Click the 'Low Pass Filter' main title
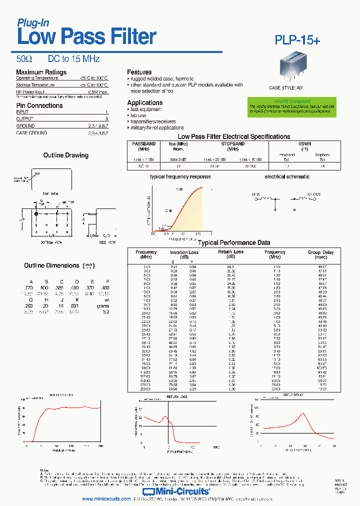[86, 37]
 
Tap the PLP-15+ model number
[297, 40]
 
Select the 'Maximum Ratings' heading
[41, 72]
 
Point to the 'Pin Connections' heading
[39, 105]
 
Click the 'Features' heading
[139, 72]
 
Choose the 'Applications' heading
[145, 102]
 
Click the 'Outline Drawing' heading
[65, 155]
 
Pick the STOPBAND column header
[232, 144]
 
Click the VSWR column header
[304, 144]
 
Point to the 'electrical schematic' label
[287, 176]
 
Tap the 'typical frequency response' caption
[180, 176]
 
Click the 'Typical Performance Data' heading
[234, 243]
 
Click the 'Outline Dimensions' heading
[51, 265]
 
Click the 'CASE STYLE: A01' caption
[286, 87]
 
